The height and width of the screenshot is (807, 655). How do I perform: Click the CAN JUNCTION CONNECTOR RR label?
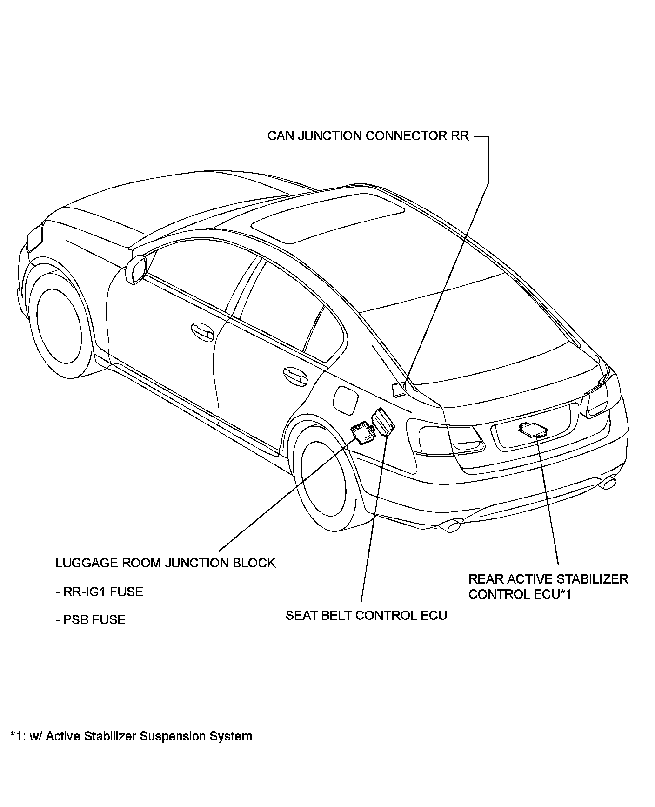point(368,136)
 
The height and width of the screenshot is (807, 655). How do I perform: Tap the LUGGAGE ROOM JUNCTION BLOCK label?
point(165,563)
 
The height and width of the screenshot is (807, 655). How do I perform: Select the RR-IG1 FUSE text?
point(99,592)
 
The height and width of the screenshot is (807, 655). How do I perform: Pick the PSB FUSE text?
point(91,620)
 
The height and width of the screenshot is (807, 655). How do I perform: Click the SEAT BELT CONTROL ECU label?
point(366,616)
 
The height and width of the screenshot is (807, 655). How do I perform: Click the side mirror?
point(136,269)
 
